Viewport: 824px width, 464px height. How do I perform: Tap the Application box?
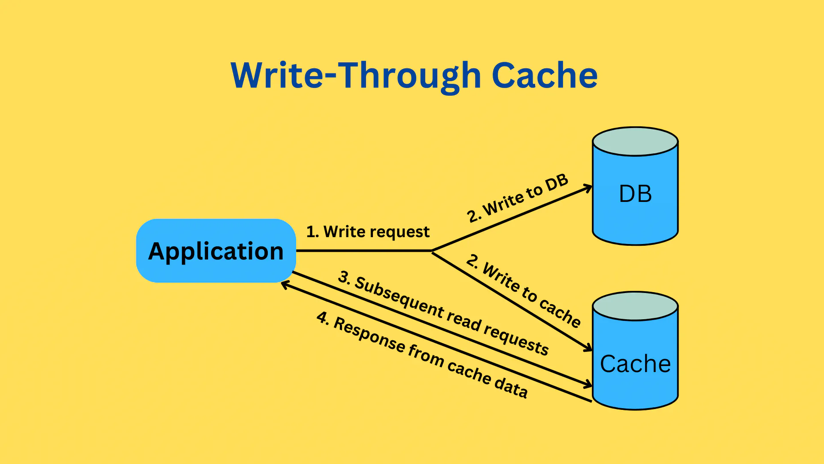216,251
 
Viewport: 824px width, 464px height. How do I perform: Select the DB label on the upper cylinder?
635,194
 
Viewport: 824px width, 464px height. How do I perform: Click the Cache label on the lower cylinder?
635,364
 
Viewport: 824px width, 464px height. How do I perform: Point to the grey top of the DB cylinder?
635,141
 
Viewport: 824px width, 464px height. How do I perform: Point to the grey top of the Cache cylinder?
635,306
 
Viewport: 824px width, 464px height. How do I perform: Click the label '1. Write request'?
368,232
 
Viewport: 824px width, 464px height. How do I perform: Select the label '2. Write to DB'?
518,198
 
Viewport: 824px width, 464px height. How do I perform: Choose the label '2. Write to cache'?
524,290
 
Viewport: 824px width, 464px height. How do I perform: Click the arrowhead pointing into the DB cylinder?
588,187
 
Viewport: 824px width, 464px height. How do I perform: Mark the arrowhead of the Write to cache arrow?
588,348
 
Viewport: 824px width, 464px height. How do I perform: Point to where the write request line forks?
432,251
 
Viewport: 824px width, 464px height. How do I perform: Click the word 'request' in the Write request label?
404,232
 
